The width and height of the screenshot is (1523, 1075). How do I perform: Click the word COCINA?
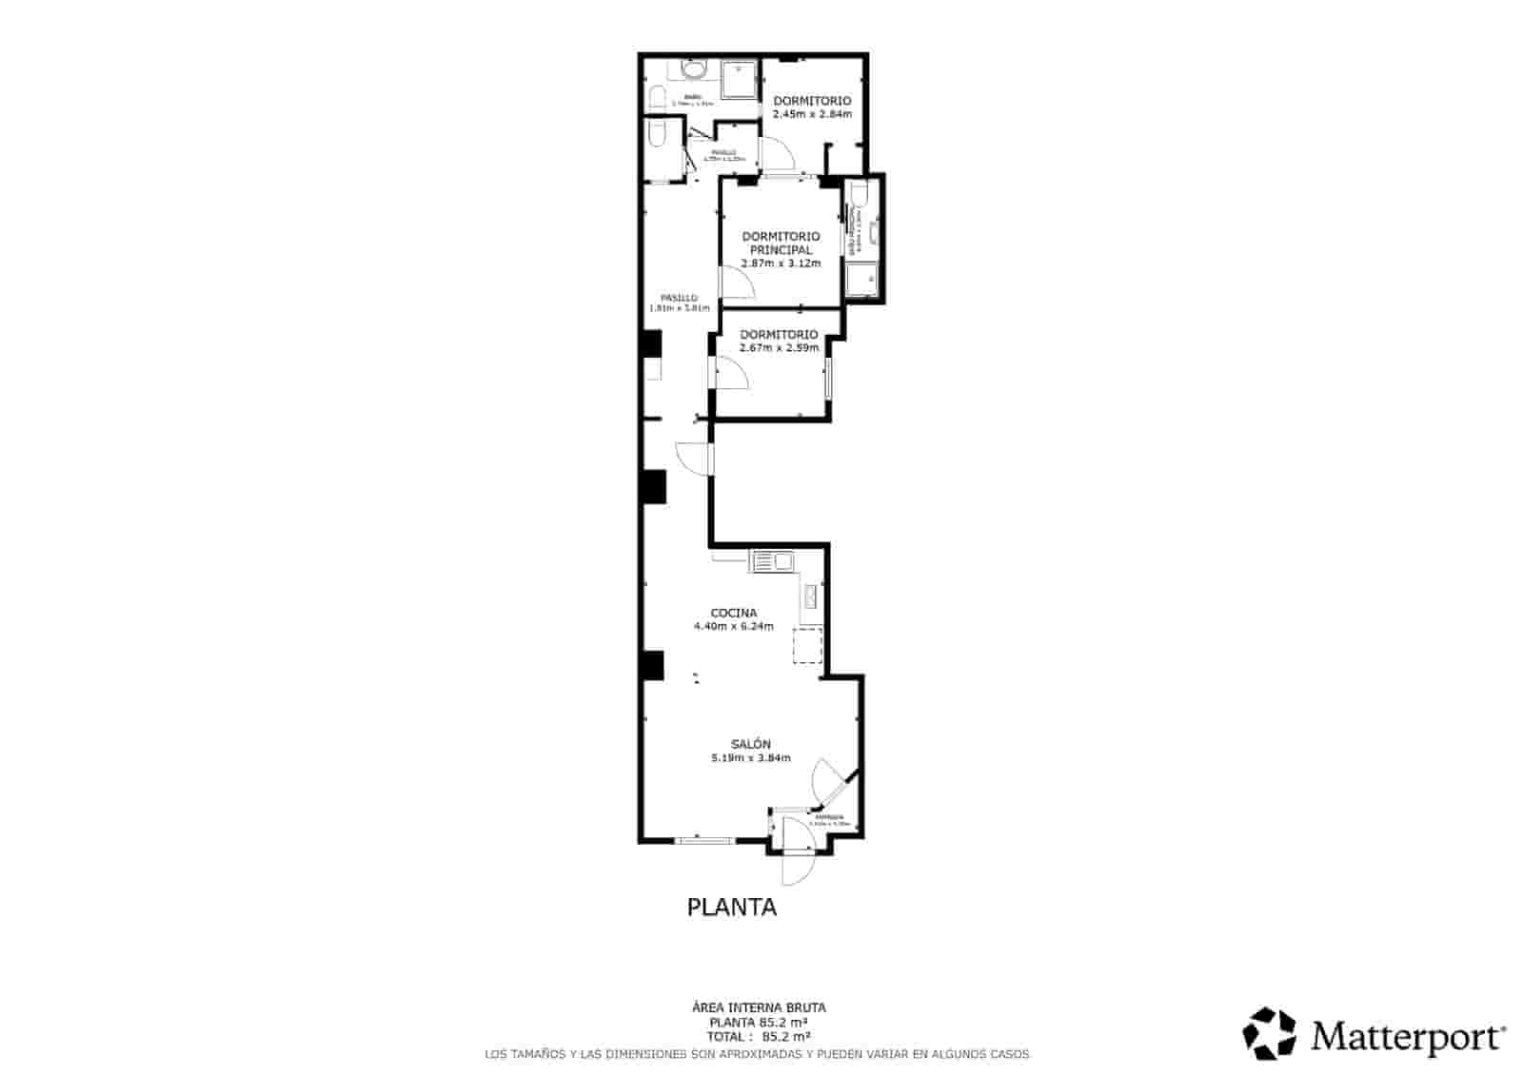[x=733, y=613]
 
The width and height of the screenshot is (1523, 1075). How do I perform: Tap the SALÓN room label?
[x=750, y=744]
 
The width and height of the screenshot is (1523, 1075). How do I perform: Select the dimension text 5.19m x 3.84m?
[x=750, y=758]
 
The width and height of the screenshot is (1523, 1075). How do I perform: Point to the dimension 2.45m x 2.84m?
[x=811, y=114]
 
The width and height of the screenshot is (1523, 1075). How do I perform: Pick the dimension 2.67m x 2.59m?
[x=779, y=348]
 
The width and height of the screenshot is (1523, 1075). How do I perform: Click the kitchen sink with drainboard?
[x=772, y=562]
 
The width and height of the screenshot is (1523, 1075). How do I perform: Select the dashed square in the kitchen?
[x=808, y=645]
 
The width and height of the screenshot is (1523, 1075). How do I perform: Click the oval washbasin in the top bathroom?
[x=694, y=69]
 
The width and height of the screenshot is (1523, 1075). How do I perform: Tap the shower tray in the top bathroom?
[x=738, y=80]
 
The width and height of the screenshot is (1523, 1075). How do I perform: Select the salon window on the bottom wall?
[x=704, y=840]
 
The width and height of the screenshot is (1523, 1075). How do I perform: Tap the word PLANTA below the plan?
[x=731, y=908]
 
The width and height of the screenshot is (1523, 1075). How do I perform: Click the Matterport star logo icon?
[x=1270, y=1033]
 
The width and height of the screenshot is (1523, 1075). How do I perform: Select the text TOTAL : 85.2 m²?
[x=758, y=1036]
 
